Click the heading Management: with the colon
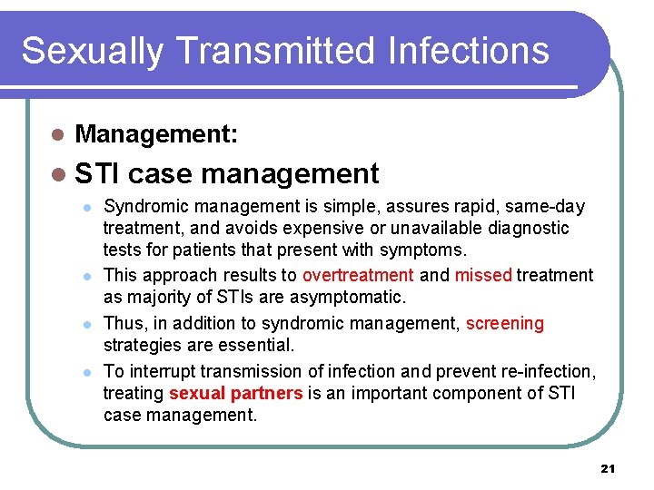point(156,135)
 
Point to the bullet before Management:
point(57,136)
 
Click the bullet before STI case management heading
point(57,172)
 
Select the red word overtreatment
point(358,275)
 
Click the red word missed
point(483,275)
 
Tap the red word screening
point(504,323)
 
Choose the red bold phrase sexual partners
point(236,393)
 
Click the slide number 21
point(608,468)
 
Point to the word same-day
point(545,207)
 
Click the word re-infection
point(550,370)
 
